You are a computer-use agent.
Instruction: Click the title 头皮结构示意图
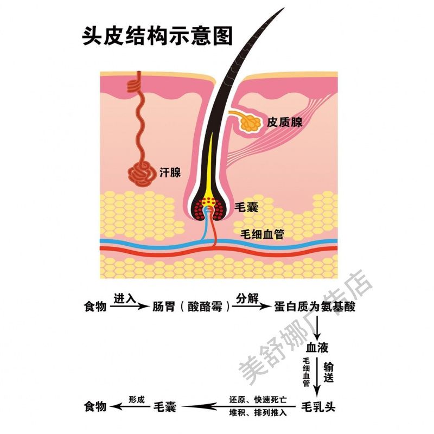point(157,36)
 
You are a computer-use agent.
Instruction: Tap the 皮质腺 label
point(284,122)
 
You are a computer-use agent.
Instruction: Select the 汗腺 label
point(170,173)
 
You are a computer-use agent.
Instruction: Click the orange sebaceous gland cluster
point(251,124)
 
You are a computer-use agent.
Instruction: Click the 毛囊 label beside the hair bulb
point(245,207)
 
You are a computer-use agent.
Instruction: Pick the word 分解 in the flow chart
point(247,298)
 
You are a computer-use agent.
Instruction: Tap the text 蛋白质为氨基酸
point(316,307)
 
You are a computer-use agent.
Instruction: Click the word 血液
point(317,347)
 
